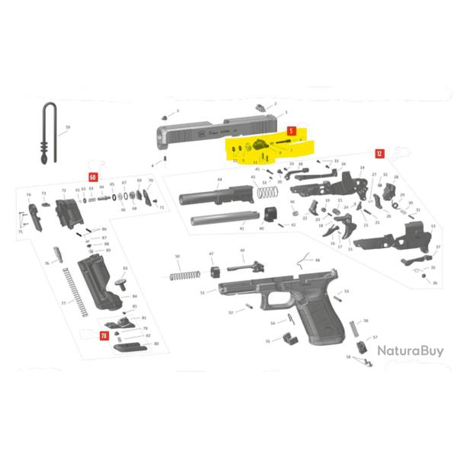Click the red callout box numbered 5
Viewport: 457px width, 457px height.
tap(291, 132)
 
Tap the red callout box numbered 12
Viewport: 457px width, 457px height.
tap(379, 153)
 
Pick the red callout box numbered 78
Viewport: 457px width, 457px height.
tap(104, 335)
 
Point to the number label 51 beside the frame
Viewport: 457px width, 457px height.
tap(203, 292)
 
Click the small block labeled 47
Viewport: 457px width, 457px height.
tap(214, 270)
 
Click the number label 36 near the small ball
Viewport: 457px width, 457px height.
tap(435, 283)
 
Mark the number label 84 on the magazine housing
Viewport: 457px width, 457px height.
tap(134, 296)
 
